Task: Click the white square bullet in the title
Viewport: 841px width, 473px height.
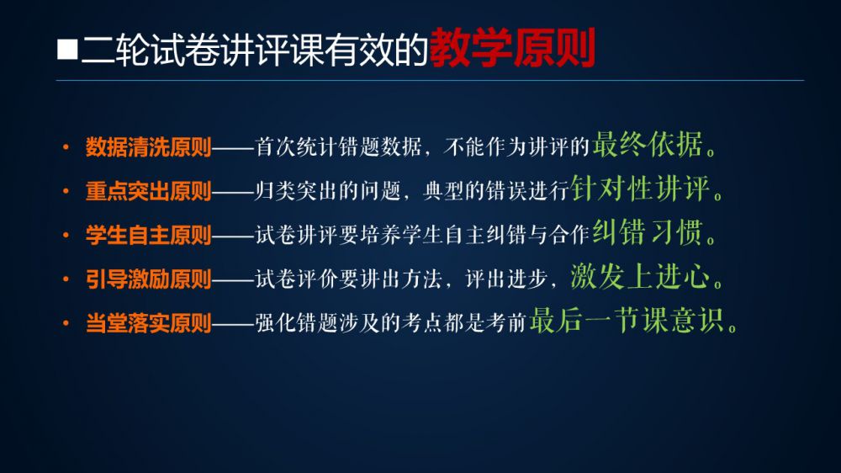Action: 67,49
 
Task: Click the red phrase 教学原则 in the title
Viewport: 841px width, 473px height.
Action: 512,48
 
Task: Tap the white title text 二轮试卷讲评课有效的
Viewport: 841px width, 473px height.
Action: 254,50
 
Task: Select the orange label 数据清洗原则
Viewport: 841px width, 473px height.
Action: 149,147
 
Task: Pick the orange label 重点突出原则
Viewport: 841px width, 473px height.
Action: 149,191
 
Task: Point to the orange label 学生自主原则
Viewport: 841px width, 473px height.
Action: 149,235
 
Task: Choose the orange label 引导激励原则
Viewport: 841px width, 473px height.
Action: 149,279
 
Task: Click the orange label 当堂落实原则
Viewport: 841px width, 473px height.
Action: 149,323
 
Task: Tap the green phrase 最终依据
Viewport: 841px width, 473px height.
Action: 648,145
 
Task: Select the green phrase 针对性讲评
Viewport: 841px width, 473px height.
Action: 640,189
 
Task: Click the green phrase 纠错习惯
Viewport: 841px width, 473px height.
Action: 648,232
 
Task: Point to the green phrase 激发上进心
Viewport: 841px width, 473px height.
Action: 640,277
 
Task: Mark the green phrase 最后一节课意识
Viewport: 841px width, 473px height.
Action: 627,321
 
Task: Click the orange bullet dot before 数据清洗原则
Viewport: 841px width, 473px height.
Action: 66,146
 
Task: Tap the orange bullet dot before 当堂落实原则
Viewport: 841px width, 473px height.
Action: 66,322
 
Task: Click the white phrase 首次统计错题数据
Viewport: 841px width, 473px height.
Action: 338,146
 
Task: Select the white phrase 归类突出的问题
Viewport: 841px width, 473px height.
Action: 328,190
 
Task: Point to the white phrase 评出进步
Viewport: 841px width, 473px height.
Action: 505,279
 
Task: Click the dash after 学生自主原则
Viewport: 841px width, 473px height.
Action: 233,236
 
